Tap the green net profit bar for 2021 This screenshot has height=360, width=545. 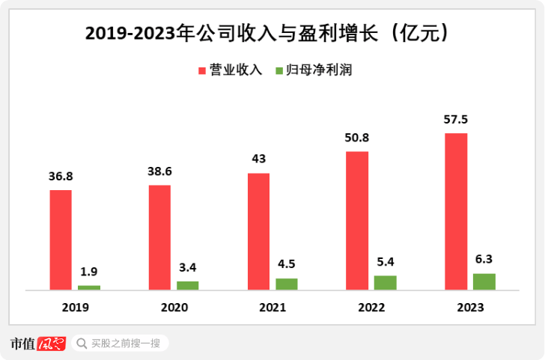[287, 284]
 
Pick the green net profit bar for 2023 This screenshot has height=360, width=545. [484, 281]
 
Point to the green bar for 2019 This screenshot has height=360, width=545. [89, 287]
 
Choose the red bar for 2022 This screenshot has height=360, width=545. [357, 220]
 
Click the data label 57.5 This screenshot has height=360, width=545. [456, 120]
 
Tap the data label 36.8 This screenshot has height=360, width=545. [61, 177]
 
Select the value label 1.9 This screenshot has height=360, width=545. [89, 272]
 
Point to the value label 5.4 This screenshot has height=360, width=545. [386, 263]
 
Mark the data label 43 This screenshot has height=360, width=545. [258, 159]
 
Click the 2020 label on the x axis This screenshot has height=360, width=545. [174, 308]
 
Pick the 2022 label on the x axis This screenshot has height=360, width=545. [371, 308]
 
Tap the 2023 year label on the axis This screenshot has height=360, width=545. [470, 308]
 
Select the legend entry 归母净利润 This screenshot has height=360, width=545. [319, 70]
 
